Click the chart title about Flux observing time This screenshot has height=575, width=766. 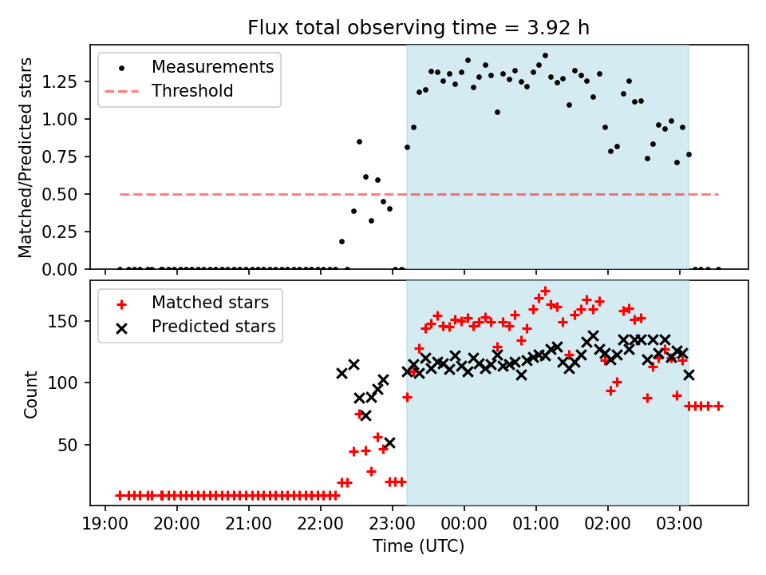[419, 28]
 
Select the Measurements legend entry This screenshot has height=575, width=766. [212, 66]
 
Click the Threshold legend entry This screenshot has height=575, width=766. [192, 91]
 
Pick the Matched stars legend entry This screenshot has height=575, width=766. [210, 303]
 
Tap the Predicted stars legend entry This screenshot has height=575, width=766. [213, 327]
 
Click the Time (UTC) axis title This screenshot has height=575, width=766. [418, 546]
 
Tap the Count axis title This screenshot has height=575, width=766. [31, 394]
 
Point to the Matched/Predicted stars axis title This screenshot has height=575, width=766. [26, 157]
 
